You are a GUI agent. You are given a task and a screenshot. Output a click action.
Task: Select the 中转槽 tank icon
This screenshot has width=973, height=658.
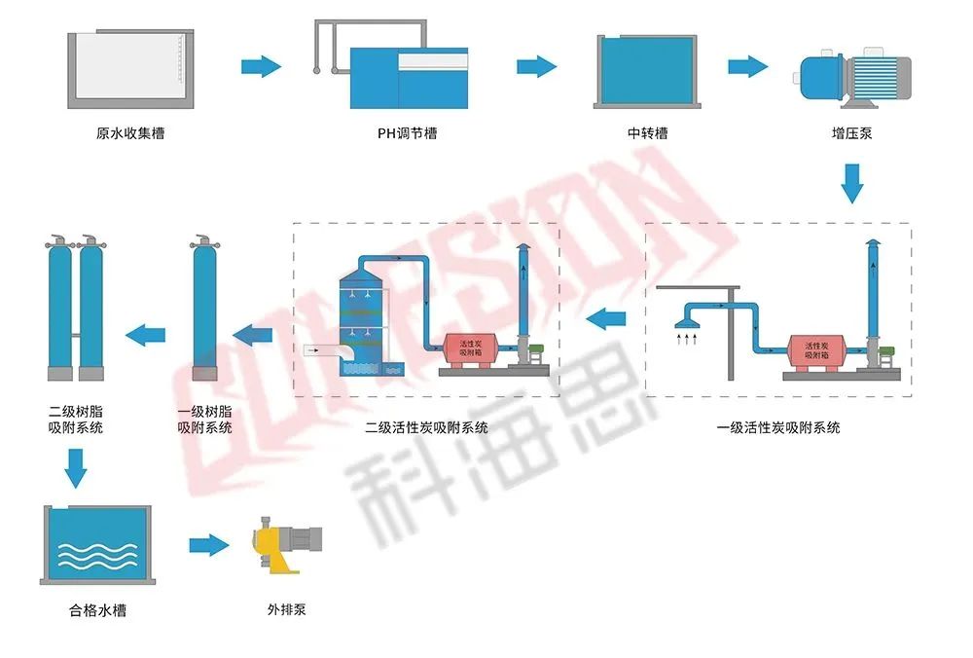pyautogui.click(x=646, y=70)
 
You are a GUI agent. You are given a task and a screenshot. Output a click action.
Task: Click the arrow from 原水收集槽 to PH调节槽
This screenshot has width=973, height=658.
pyautogui.click(x=261, y=66)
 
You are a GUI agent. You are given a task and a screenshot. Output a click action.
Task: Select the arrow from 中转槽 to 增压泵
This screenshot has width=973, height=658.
pyautogui.click(x=747, y=66)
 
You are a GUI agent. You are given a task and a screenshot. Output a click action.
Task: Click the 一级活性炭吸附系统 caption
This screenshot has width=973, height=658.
pyautogui.click(x=778, y=427)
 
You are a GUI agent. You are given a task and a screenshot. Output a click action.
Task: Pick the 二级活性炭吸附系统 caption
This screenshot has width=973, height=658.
pyautogui.click(x=427, y=427)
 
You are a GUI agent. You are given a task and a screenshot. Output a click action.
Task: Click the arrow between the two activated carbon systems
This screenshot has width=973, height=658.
pyautogui.click(x=607, y=316)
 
